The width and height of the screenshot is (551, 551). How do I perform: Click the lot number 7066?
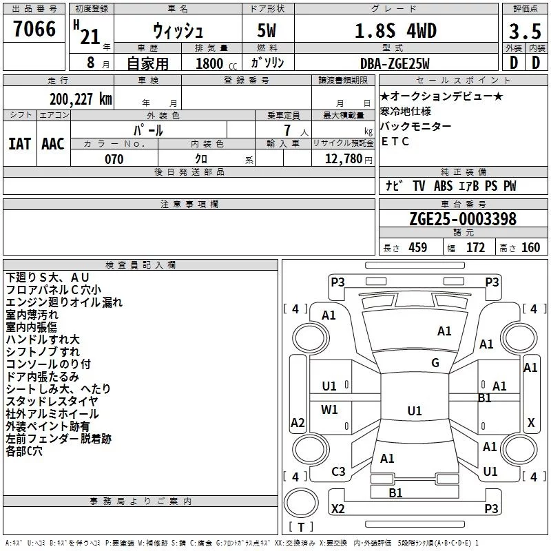pos(34,28)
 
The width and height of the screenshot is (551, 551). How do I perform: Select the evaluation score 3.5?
pos(525,31)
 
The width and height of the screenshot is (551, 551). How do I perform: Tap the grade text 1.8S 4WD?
pos(395,30)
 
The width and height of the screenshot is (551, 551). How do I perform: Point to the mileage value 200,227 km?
pos(81,99)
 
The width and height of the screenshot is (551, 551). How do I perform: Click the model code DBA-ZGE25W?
pos(395,63)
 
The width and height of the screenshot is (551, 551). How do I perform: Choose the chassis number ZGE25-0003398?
pos(463,219)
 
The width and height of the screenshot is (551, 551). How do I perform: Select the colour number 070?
pos(114,159)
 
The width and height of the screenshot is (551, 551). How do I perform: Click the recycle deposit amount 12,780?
pos(343,159)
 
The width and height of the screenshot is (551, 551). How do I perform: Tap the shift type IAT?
pos(20,144)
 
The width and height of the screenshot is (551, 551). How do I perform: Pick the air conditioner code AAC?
pos(53,144)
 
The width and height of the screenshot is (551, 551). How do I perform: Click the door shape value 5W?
pos(267,30)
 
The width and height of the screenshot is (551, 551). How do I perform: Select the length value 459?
pos(418,247)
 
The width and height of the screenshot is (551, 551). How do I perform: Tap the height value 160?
pos(530,247)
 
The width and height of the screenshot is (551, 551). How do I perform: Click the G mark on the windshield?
pos(435,363)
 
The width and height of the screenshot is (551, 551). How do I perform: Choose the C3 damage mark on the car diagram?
pos(338,472)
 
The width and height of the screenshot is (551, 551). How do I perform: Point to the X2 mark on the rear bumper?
pos(338,508)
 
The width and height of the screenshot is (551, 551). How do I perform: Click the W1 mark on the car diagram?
pos(329,409)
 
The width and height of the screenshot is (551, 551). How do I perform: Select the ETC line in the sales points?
pos(395,141)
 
